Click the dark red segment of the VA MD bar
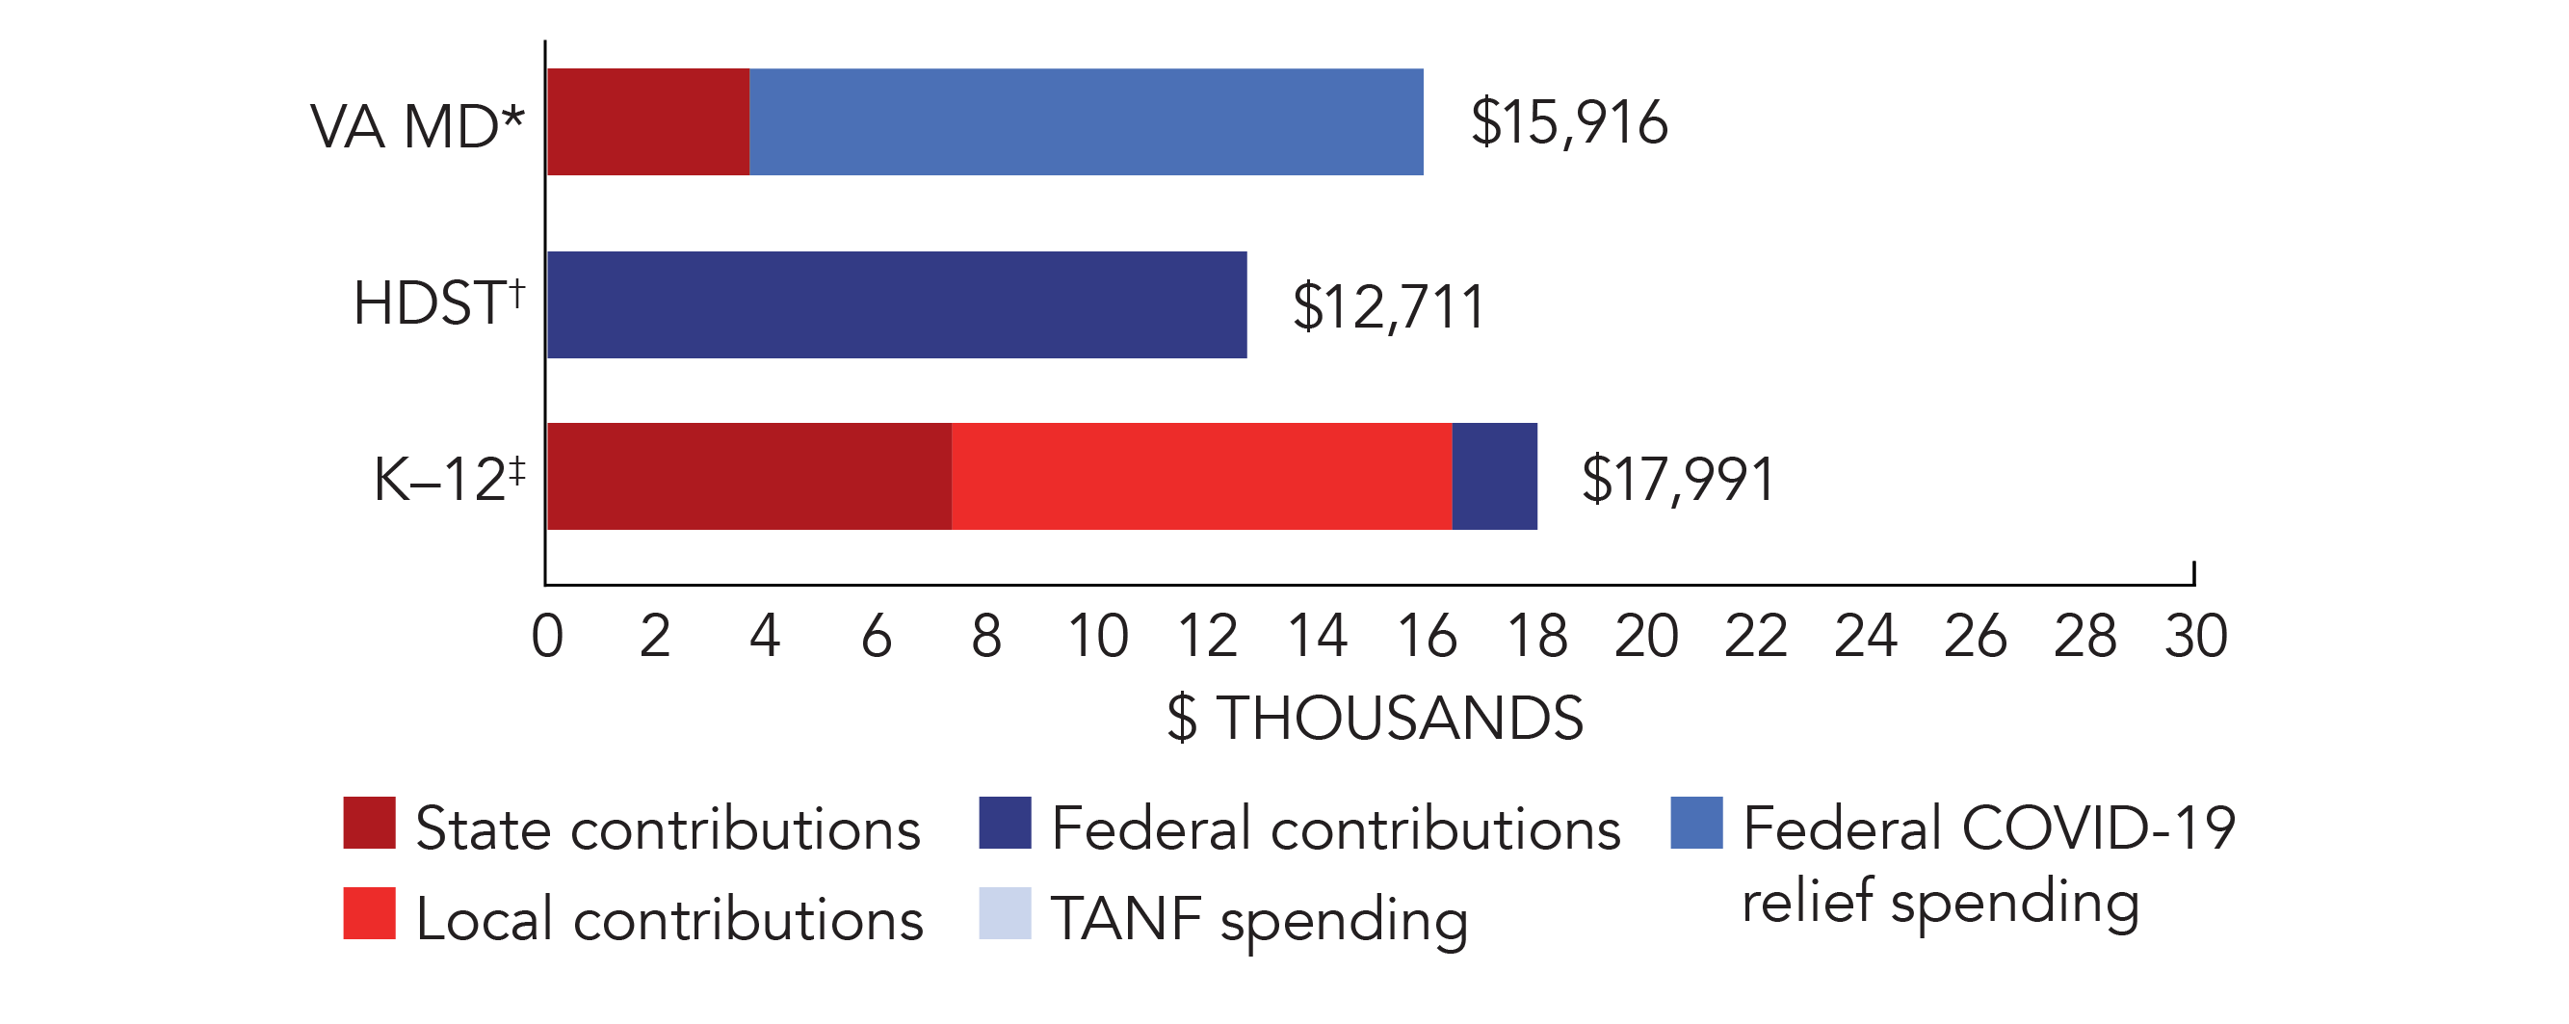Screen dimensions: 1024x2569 [648, 121]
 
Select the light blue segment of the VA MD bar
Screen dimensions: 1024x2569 [1086, 121]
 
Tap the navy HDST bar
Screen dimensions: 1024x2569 [897, 304]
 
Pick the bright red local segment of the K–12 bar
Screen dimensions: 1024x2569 [1201, 476]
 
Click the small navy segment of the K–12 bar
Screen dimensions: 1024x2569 [1494, 476]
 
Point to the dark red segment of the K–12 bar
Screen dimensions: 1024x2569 [749, 476]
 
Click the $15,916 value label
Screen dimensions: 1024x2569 [1569, 122]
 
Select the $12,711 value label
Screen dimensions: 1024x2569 [1388, 306]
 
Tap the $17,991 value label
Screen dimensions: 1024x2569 [1677, 479]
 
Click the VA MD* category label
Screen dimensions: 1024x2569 [417, 126]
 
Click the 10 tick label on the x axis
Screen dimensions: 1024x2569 [1097, 635]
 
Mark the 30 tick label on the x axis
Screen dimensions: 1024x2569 [2195, 635]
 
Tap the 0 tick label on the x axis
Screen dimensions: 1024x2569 [546, 635]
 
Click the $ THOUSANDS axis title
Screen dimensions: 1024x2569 [1375, 717]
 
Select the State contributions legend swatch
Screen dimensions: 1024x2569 [369, 823]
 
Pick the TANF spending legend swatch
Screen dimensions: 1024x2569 [1005, 913]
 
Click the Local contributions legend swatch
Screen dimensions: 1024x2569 [369, 913]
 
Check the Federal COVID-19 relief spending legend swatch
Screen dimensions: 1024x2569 [1696, 823]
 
